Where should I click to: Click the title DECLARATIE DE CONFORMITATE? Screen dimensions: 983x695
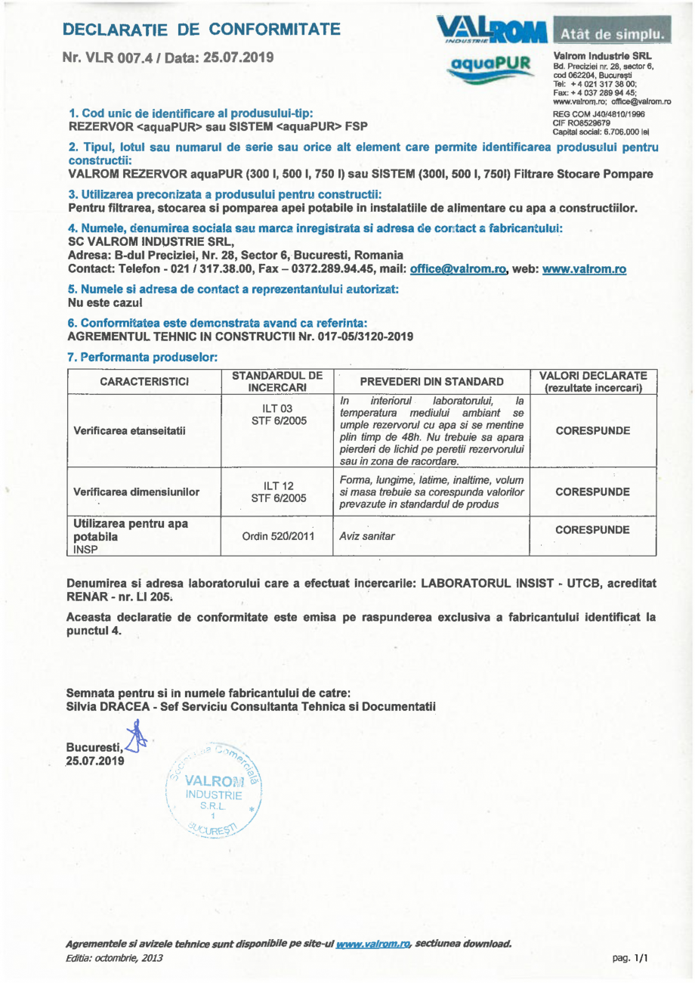(201, 30)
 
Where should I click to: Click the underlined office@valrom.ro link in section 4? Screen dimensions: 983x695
(457, 269)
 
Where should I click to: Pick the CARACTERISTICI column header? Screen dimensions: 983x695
(145, 382)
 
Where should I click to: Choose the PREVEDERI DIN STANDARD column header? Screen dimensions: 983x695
(433, 382)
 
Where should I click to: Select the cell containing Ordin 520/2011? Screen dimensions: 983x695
(276, 535)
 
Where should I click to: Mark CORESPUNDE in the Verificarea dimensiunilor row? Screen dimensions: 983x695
(593, 491)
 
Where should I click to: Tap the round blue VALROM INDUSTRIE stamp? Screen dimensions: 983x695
(213, 793)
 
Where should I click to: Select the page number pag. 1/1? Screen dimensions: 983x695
(631, 958)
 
